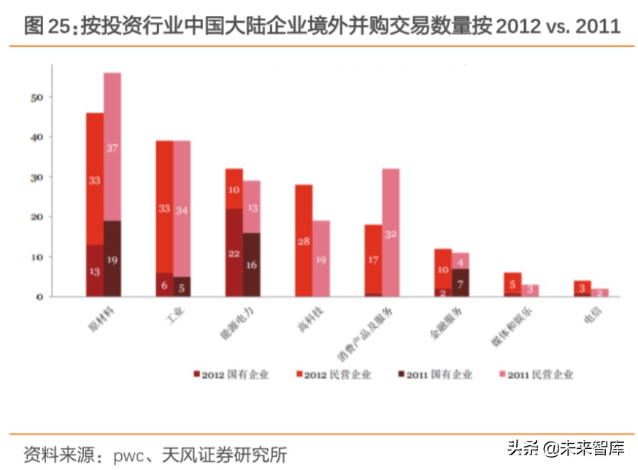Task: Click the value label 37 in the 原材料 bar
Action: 112,148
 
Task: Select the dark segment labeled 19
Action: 112,259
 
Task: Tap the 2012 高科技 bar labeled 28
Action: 304,241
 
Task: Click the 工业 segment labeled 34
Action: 182,210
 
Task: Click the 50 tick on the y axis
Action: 39,97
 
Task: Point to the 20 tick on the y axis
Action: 39,217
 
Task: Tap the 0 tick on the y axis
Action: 41,296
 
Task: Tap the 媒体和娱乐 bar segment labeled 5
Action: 513,284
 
